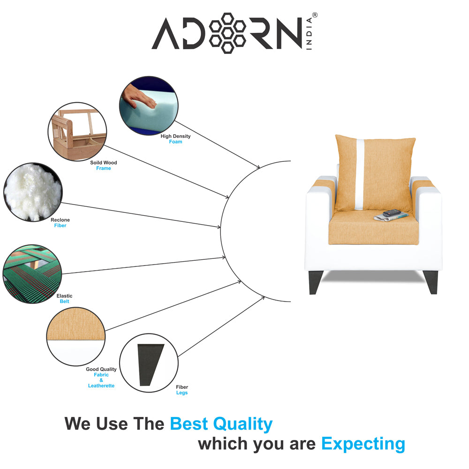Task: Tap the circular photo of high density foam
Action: point(149,106)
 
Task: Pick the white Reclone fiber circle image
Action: point(32,192)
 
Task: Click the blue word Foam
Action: point(176,142)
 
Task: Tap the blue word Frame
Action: point(104,168)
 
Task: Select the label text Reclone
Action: point(60,220)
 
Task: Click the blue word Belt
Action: point(65,302)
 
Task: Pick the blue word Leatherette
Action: point(101,386)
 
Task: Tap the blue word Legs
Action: point(182,393)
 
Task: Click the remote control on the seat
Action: point(392,213)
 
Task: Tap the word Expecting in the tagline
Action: point(363,443)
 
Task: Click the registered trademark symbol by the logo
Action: point(315,15)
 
